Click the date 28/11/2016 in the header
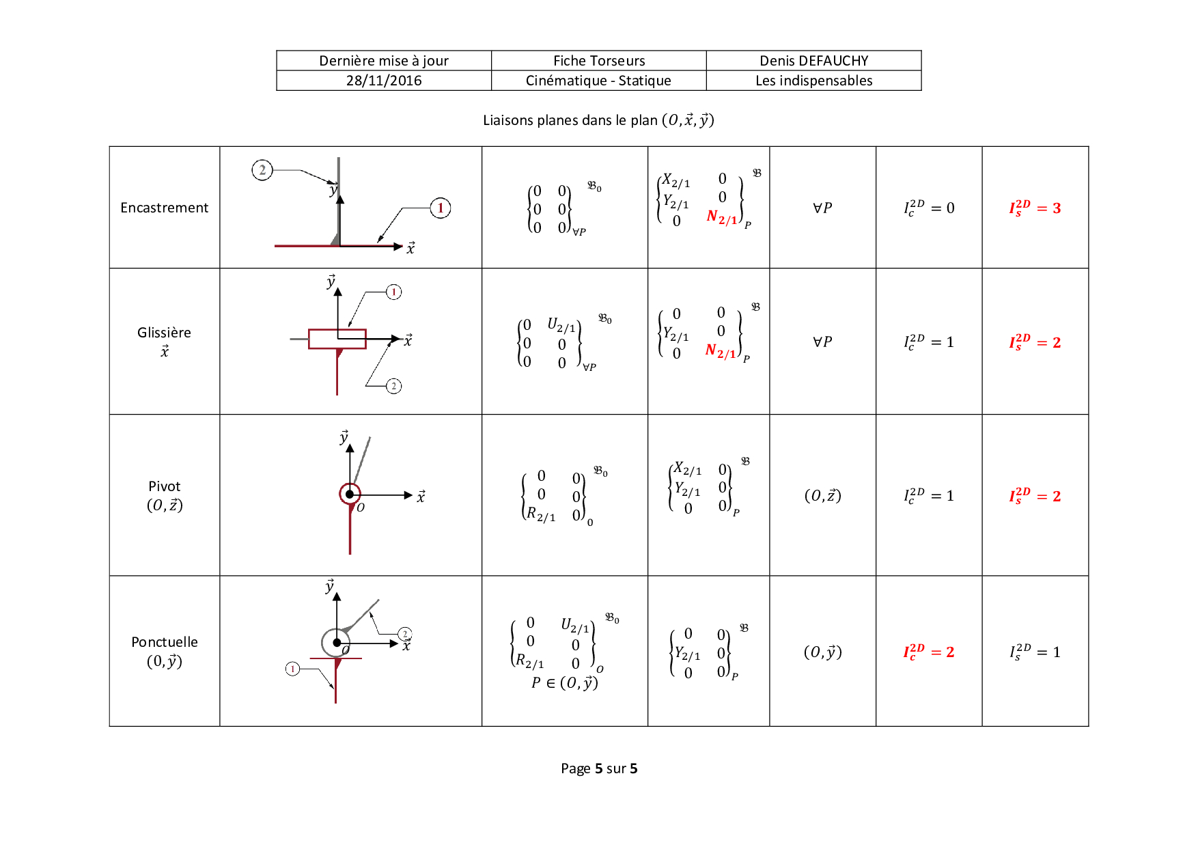(x=384, y=81)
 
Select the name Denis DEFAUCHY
(x=813, y=61)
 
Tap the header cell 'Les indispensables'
(x=813, y=81)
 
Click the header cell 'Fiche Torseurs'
(x=599, y=61)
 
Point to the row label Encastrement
(x=164, y=208)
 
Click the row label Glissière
(x=164, y=333)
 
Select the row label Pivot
(x=164, y=486)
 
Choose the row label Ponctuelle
(x=164, y=642)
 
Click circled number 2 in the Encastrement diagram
(x=262, y=170)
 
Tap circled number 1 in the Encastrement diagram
(x=441, y=208)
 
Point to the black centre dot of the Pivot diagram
(x=350, y=494)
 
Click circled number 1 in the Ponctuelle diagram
(x=292, y=669)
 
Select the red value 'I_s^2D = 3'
(x=1035, y=208)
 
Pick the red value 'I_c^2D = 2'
(x=929, y=652)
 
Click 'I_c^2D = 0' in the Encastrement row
(x=929, y=208)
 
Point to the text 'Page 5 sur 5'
(x=599, y=768)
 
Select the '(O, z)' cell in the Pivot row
(x=822, y=495)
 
